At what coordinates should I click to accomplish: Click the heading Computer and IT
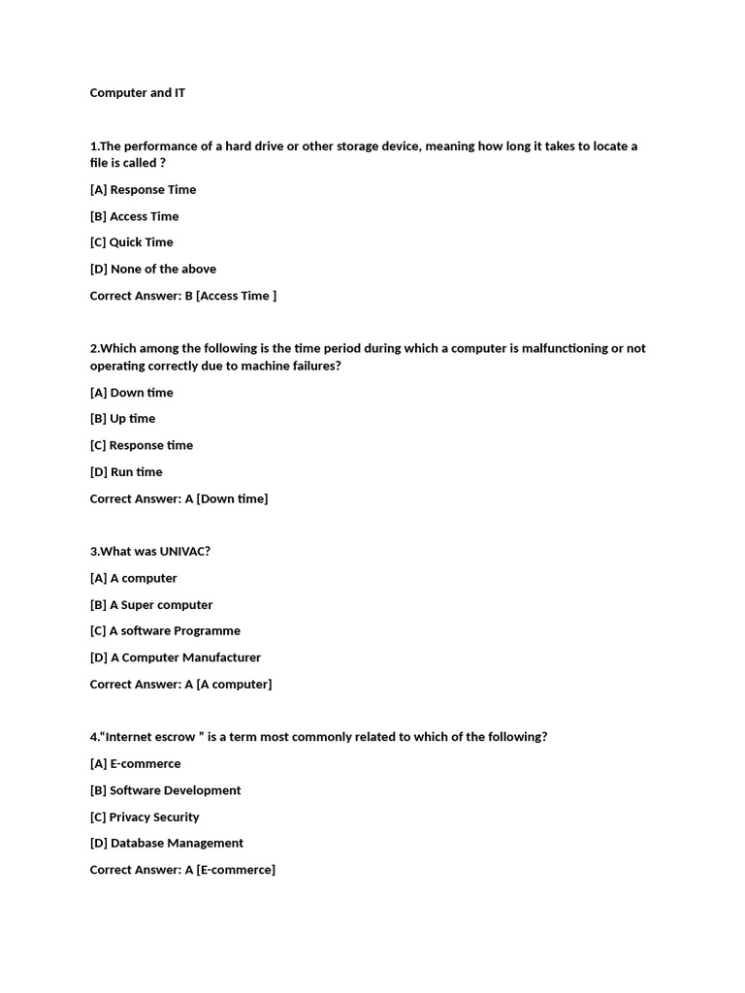point(138,93)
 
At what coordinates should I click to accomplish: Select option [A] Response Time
point(143,189)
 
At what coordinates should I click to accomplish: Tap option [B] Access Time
point(134,216)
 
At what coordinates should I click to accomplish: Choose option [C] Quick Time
point(131,242)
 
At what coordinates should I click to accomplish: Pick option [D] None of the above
point(152,269)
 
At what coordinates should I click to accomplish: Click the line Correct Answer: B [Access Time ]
point(182,296)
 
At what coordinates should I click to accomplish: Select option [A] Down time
point(131,393)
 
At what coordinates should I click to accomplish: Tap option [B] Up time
point(122,419)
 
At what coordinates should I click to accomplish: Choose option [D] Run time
point(126,472)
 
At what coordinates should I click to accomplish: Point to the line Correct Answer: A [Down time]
point(178,498)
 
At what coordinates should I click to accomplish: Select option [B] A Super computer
point(150,605)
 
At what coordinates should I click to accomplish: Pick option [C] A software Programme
point(165,630)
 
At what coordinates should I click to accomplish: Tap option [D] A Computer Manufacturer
point(175,657)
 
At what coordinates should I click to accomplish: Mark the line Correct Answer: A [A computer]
point(180,685)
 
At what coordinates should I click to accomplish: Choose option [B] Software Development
point(165,790)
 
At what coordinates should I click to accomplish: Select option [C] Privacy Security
point(145,817)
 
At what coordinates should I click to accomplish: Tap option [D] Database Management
point(166,844)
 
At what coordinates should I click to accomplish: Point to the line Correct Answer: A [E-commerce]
point(182,870)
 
